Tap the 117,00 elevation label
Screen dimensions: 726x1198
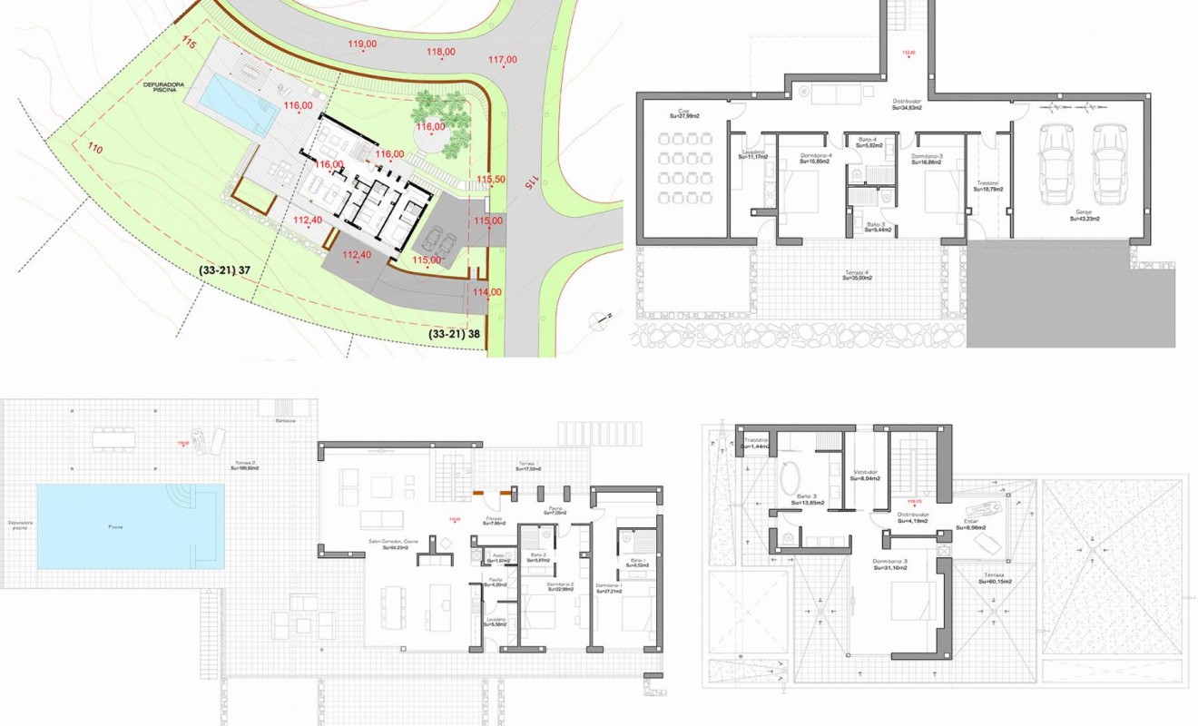502,60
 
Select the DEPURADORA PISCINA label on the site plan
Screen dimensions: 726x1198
164,88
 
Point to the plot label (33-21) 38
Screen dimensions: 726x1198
455,333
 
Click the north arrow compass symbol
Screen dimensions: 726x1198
600,318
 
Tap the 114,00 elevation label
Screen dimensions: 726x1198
486,291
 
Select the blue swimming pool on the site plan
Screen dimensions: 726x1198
238,104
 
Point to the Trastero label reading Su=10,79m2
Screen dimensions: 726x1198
987,185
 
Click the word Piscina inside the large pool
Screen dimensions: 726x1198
114,526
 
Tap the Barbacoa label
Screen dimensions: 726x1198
284,421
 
